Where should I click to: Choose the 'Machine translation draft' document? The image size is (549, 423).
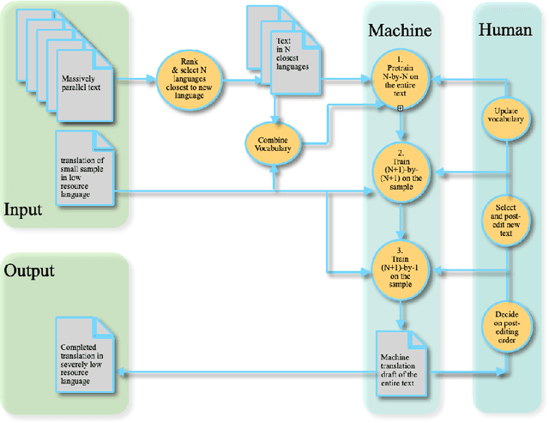401,363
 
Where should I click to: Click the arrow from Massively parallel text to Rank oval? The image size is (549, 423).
137,83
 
